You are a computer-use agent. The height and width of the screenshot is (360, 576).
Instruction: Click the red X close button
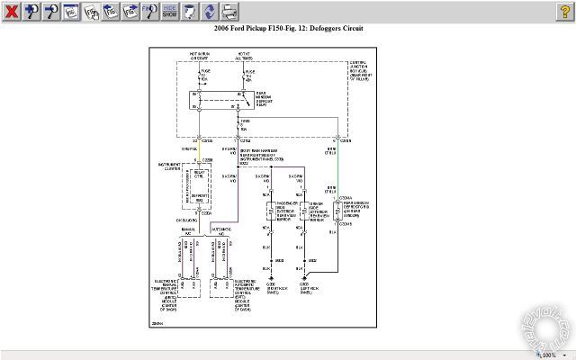(x=12, y=12)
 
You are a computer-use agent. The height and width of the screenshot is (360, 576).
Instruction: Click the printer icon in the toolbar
(x=230, y=12)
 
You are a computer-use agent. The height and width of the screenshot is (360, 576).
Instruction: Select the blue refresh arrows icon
(x=209, y=12)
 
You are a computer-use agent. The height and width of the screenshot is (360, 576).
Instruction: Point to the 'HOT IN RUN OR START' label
(x=199, y=56)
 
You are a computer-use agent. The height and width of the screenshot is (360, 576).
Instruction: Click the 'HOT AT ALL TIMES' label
(x=245, y=56)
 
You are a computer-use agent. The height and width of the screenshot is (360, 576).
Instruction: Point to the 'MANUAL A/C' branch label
(x=186, y=231)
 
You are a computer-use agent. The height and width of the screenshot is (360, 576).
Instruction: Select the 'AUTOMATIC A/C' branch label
(x=221, y=231)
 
